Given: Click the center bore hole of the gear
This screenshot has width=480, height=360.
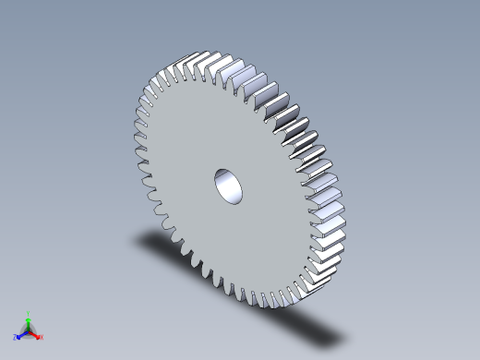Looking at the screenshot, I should pos(229,186).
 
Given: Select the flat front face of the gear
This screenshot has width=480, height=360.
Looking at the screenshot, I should pos(203,148).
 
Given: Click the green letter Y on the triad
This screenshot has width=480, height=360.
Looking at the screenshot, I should pos(29,314).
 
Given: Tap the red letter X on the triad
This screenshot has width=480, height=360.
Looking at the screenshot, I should pos(42,337).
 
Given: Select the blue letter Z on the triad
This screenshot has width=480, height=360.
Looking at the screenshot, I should pos(15,338).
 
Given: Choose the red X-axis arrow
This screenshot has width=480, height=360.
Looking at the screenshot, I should pos(35,333).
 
